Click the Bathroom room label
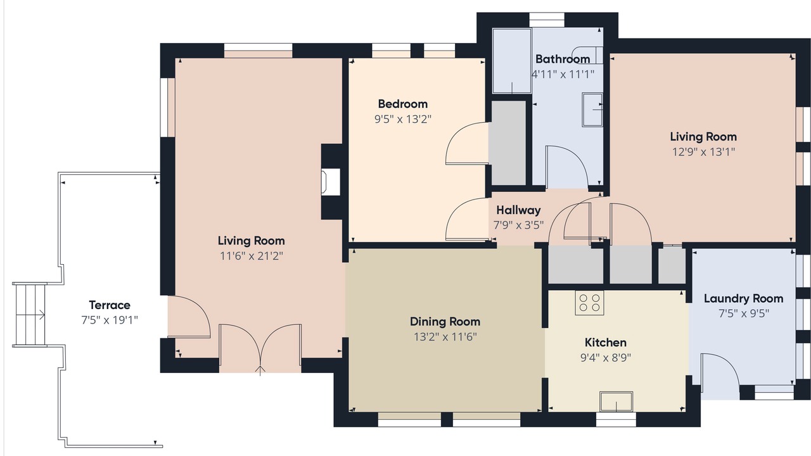point(562,59)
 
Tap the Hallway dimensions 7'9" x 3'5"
point(518,225)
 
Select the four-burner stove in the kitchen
point(589,303)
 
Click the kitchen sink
point(616,402)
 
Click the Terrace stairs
point(30,315)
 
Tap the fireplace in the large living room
point(331,182)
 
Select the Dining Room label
point(445,321)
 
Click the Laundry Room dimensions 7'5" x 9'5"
point(744,313)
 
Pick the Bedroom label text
point(402,104)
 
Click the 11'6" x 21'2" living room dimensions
point(252,256)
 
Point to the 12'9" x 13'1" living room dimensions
point(703,151)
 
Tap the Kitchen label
point(605,343)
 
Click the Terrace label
point(110,305)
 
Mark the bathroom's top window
point(547,20)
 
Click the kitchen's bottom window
point(616,420)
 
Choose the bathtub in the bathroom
point(512,61)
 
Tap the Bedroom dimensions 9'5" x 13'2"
point(403,119)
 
